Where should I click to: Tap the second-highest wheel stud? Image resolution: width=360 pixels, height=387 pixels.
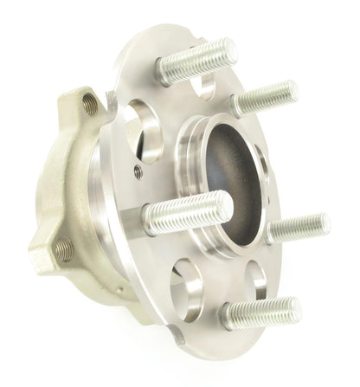[264, 97]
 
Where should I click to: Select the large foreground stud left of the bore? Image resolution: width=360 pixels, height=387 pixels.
[186, 212]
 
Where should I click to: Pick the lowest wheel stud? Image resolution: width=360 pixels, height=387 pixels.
[260, 313]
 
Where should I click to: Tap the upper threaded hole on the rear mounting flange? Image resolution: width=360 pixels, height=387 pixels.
[90, 106]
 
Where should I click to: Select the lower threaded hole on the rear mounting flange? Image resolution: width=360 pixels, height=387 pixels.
[62, 250]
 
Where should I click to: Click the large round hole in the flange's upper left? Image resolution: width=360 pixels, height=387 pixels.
[142, 130]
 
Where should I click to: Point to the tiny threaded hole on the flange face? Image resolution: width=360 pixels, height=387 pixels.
[138, 171]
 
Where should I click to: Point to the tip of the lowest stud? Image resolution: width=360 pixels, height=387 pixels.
[294, 307]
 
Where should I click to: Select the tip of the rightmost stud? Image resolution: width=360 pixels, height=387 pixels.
[324, 224]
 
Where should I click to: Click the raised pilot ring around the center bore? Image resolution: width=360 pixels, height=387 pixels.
[192, 156]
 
